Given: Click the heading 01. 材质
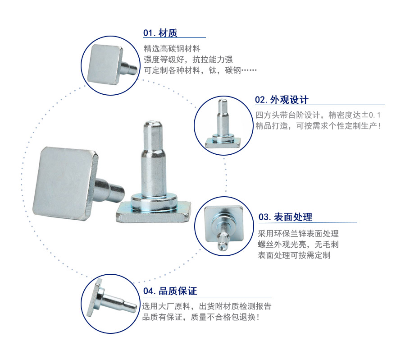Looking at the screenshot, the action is click(160, 33).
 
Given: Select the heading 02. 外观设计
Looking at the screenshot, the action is click(282, 100).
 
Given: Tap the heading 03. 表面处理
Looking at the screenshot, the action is click(285, 217).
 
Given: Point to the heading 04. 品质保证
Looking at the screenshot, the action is click(170, 291).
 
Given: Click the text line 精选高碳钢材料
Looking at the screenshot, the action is click(172, 49).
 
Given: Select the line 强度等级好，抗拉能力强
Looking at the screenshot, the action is click(188, 60).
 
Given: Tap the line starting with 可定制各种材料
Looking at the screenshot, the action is click(200, 70).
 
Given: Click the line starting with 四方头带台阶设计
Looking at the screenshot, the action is click(318, 115).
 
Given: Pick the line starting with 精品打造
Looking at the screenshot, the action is click(318, 125).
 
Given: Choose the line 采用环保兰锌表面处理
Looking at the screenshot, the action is click(298, 234).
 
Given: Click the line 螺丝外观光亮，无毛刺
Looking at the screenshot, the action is click(298, 245).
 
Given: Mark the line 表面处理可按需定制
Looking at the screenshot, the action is click(294, 255).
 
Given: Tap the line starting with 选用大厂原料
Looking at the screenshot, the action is click(206, 306).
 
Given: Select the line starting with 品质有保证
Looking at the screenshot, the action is click(200, 317).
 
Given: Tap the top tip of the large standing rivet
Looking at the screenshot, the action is click(153, 123).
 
